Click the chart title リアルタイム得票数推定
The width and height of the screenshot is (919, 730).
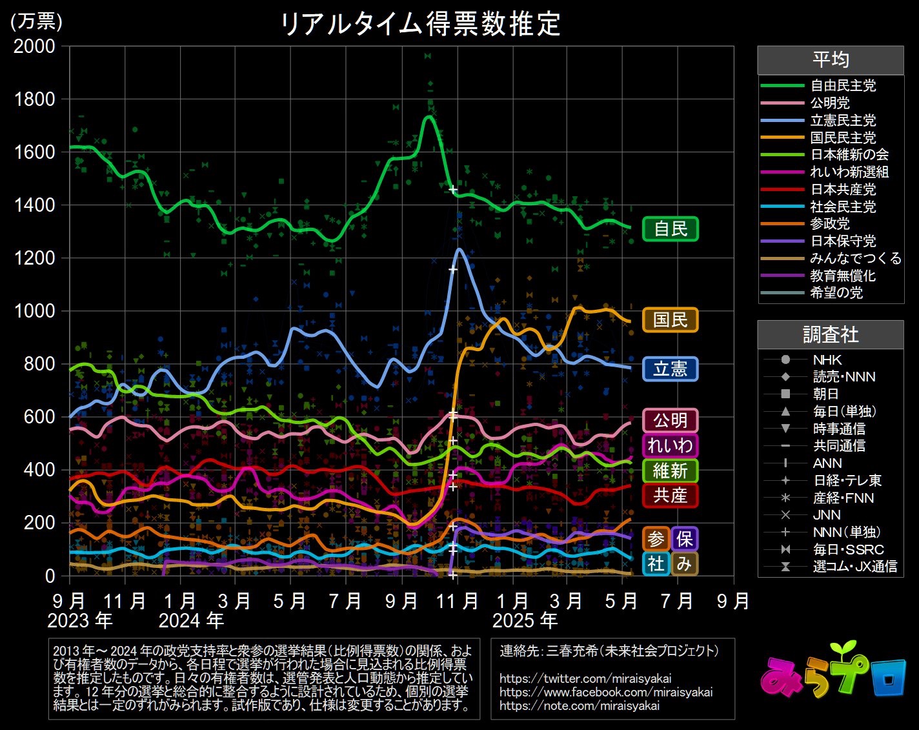(x=420, y=25)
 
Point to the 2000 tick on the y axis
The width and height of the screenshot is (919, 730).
(x=35, y=46)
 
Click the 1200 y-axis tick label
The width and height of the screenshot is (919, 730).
(x=35, y=258)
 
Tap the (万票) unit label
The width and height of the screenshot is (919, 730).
(x=36, y=21)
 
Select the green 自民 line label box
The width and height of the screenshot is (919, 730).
(x=670, y=229)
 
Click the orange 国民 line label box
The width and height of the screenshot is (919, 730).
(x=670, y=319)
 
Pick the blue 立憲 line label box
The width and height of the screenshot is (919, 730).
(x=670, y=369)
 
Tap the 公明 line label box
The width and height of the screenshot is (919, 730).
(x=670, y=420)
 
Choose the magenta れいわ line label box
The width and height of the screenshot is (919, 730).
(x=670, y=445)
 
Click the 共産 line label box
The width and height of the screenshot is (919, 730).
(x=670, y=495)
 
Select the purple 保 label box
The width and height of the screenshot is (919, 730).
(x=684, y=539)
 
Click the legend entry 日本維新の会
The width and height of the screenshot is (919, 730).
(x=849, y=155)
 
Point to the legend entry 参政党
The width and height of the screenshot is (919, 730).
(x=830, y=224)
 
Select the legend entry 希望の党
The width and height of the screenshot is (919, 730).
(x=836, y=293)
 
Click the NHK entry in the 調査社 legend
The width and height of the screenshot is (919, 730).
(x=827, y=360)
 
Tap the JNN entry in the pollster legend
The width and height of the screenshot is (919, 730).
(x=827, y=515)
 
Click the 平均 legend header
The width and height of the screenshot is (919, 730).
(x=830, y=60)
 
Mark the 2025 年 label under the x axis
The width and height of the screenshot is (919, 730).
(x=525, y=621)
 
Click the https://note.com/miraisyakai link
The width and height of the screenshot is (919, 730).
(x=579, y=705)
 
